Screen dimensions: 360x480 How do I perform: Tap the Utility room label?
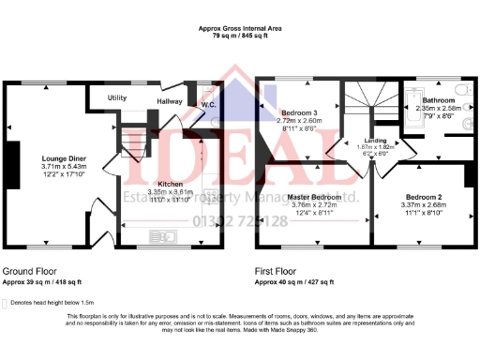(117, 97)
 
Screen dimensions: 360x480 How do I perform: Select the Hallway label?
(170, 100)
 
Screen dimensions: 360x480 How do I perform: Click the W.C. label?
(208, 104)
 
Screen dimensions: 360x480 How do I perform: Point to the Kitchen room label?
(171, 183)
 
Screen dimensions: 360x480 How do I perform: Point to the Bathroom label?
(438, 100)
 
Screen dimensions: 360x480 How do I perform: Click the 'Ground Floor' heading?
(29, 270)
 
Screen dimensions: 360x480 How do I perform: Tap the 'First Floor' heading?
(278, 270)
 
